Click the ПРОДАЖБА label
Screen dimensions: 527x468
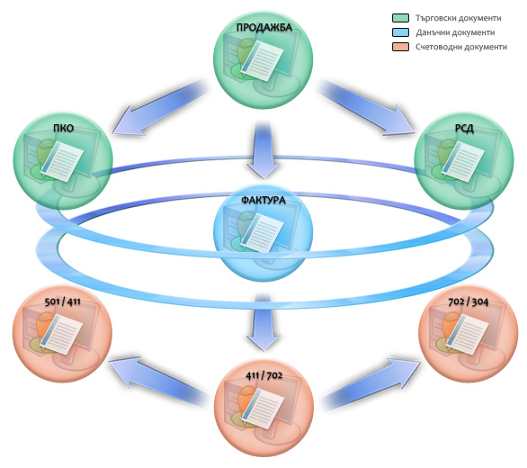[x=263, y=27]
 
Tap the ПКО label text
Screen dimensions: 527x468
[x=63, y=128]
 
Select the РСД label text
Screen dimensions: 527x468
[x=464, y=128]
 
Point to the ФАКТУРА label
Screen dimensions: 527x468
[x=263, y=200]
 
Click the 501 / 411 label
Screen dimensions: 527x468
[x=63, y=301]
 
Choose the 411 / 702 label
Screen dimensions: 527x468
[x=263, y=374]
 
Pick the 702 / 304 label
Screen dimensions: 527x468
[x=469, y=301]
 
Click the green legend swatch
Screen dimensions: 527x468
[x=400, y=18]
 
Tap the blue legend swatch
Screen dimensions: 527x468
[x=400, y=32]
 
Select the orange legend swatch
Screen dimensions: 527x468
[x=400, y=47]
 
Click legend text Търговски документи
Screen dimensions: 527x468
[x=458, y=18]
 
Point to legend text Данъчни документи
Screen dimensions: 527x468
[x=455, y=32]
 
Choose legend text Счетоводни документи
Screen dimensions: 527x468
[x=461, y=47]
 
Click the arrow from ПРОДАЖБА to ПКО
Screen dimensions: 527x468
[x=160, y=108]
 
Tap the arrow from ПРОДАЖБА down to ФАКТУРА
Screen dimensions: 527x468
[x=263, y=149]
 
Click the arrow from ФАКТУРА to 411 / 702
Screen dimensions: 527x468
[x=263, y=322]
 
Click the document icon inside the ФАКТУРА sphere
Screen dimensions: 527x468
[x=263, y=232]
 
